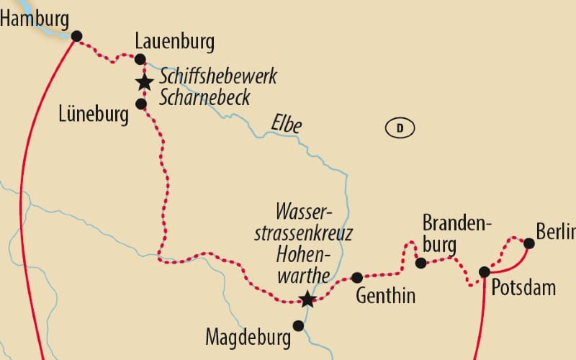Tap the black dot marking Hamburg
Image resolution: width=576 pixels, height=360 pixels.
tap(77, 36)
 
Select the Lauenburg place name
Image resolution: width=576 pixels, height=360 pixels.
tap(175, 42)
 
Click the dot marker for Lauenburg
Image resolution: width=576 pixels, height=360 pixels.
tap(140, 59)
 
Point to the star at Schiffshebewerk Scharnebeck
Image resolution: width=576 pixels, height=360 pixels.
tap(145, 82)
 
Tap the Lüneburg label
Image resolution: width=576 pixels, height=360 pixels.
tap(94, 113)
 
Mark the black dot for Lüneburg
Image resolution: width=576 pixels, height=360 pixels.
tap(141, 104)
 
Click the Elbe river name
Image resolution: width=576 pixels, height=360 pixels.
tap(286, 124)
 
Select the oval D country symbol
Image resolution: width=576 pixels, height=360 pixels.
tap(400, 129)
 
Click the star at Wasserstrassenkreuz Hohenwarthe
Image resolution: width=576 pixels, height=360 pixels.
tap(307, 300)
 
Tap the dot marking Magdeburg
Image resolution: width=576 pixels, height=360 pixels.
tap(298, 325)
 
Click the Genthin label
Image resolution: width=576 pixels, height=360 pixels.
tap(385, 296)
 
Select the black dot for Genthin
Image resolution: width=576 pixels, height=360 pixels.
tap(356, 277)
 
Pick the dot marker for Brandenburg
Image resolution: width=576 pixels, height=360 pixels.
tap(421, 263)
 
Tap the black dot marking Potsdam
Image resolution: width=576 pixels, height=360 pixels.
tap(485, 271)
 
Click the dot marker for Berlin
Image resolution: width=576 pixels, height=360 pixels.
tap(528, 243)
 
